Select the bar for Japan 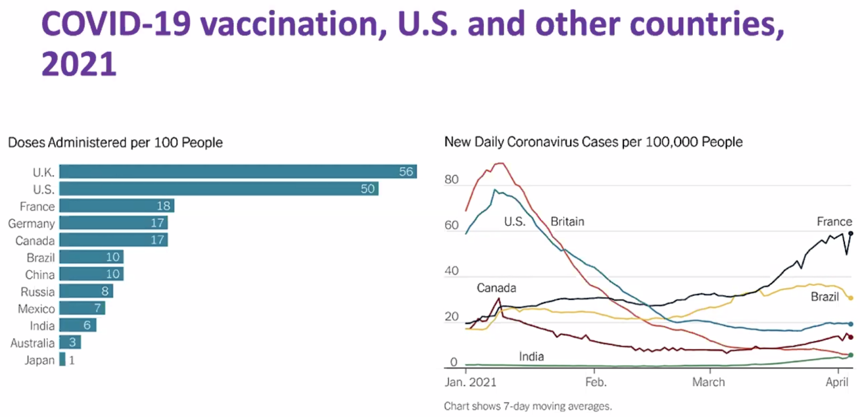coord(62,360)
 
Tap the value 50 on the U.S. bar coord(368,189)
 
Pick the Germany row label coord(31,224)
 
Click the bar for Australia coord(70,342)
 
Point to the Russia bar coord(86,291)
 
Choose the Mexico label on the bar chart coord(36,309)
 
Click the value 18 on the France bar coord(163,206)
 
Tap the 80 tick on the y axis coord(451,179)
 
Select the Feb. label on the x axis coord(596,382)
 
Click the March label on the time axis coord(708,382)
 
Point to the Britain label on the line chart coord(567,221)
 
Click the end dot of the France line coord(851,233)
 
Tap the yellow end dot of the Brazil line coord(851,298)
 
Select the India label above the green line coord(531,356)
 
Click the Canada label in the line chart coord(496,288)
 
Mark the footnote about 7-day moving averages coord(528,406)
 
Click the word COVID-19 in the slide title coord(116,24)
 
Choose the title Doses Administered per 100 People coord(115,142)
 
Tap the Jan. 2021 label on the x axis coord(470,382)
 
